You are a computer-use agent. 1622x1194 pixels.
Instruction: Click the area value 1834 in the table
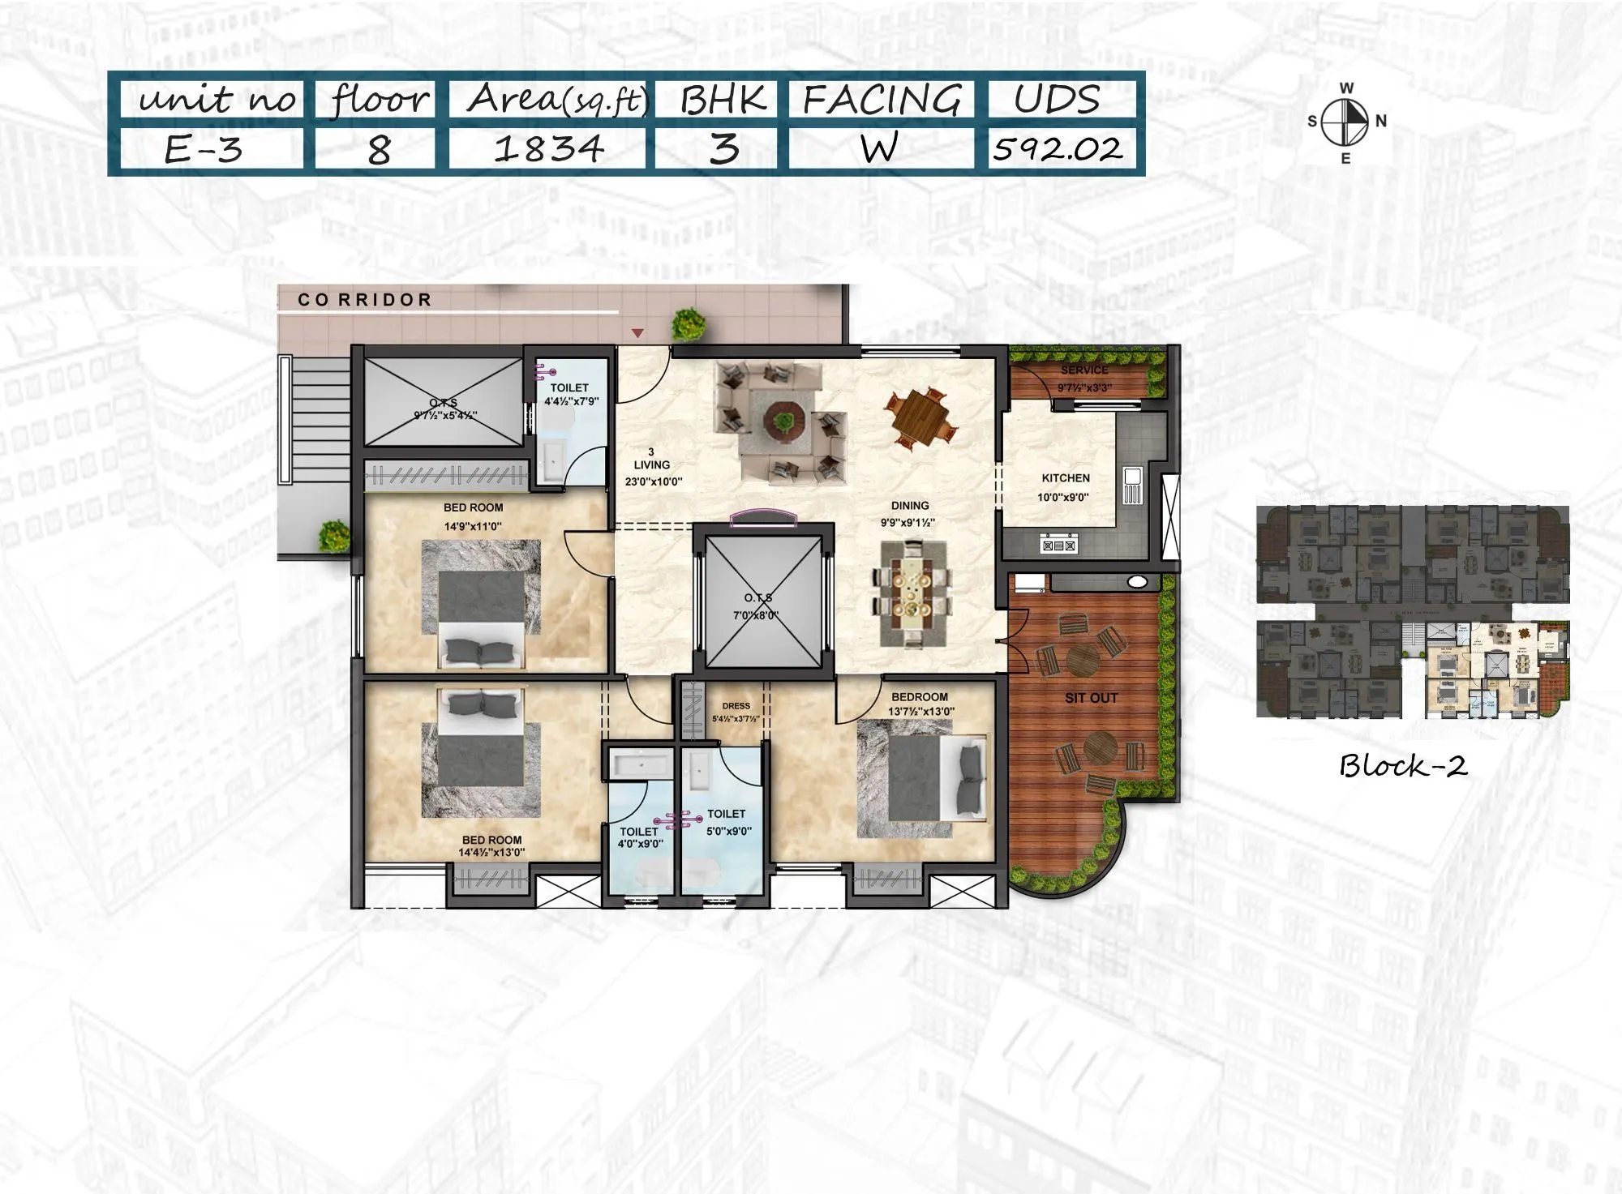548,149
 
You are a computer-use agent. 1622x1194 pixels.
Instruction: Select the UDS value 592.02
1058,149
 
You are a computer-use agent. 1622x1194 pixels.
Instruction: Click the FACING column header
882,101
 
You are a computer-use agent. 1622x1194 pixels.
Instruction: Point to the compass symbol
1345,122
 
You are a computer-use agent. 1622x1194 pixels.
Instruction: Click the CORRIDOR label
365,300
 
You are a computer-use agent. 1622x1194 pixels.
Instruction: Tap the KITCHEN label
1065,478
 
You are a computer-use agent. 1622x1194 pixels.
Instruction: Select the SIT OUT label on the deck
1091,698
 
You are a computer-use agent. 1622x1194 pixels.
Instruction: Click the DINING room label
909,505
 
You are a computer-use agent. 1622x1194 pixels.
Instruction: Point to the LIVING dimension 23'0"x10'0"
653,481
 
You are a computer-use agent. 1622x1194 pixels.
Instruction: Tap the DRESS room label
736,706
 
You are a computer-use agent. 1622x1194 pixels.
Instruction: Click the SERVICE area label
1084,370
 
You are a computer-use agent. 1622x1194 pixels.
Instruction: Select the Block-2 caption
1402,766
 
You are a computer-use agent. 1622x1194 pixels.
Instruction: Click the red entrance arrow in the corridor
637,333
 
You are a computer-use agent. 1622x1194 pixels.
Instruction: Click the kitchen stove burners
1058,546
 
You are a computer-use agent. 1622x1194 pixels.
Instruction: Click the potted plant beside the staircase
333,535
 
